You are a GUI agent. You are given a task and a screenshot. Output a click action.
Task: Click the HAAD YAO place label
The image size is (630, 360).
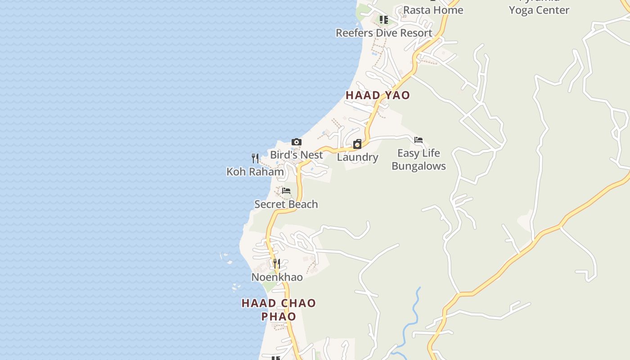(x=378, y=95)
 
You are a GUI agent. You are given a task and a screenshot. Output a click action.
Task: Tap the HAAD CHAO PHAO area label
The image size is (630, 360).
(x=279, y=310)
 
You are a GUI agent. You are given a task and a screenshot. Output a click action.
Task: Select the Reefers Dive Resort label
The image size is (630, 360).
(x=384, y=33)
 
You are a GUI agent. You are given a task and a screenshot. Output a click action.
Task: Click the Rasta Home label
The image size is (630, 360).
(x=433, y=10)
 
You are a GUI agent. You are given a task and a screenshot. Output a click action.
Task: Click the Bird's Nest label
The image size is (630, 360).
(x=296, y=155)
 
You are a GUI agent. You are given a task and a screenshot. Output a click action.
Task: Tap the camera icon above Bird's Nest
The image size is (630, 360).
(x=296, y=142)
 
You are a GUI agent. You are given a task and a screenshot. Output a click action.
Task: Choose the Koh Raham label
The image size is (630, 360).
(x=255, y=171)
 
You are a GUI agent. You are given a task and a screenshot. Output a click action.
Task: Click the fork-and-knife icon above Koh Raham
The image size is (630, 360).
(x=255, y=158)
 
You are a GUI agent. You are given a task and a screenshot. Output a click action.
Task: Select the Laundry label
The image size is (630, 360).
(x=357, y=157)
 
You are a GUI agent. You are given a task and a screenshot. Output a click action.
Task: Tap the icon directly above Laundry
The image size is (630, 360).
(x=357, y=144)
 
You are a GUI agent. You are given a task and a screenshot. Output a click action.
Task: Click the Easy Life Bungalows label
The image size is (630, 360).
(x=418, y=159)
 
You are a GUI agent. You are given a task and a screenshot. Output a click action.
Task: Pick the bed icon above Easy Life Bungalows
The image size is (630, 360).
(x=418, y=140)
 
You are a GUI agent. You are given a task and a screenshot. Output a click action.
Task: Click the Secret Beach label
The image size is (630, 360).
(x=286, y=204)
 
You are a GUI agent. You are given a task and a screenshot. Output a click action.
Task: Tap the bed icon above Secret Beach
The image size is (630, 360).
(x=286, y=191)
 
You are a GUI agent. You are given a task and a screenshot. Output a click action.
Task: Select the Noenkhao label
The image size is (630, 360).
(x=277, y=277)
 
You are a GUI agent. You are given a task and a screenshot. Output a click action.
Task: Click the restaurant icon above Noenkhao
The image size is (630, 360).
(x=277, y=263)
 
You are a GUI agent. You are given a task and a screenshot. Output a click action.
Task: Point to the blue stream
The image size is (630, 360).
(x=413, y=315)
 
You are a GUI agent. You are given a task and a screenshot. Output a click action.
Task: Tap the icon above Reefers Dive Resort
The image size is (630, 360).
(x=383, y=20)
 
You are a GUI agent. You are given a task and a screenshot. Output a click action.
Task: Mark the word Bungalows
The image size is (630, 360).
(x=418, y=166)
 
